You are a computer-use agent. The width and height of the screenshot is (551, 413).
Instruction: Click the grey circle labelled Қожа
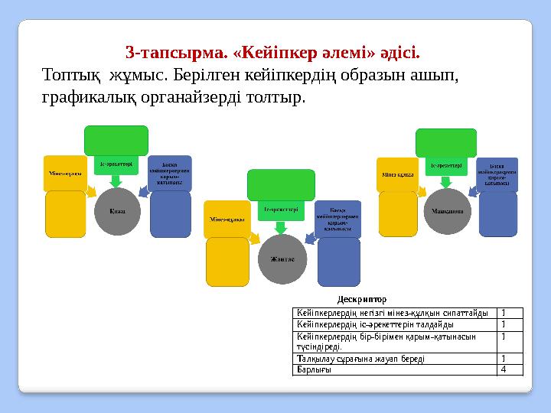pos(117,209)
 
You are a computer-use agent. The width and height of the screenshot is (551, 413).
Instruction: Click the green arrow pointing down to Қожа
pos(116,180)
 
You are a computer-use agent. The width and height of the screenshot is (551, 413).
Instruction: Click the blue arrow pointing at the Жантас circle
pos(309,239)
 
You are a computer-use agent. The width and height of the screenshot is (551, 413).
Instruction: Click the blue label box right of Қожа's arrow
pos(170,174)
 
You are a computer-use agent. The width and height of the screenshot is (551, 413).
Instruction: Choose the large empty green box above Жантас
pos(280,184)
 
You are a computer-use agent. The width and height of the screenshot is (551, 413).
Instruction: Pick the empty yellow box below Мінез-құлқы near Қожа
pos(66,213)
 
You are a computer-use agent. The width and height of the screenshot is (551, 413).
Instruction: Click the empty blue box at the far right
pos(497,213)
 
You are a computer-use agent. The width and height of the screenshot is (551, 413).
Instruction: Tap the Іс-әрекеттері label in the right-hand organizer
pos(445,165)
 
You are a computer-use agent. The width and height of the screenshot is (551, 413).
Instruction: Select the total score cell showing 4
pos(503,370)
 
